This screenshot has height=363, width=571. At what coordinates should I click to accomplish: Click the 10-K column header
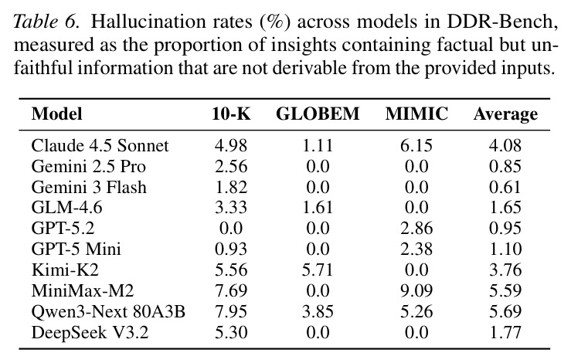(231, 114)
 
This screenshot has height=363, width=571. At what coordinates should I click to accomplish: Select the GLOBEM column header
(318, 114)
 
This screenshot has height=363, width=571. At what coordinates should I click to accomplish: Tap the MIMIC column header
(416, 114)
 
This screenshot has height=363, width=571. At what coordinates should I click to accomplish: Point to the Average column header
(505, 114)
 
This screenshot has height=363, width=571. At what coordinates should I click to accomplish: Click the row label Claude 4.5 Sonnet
(100, 146)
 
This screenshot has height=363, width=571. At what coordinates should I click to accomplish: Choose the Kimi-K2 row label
(65, 270)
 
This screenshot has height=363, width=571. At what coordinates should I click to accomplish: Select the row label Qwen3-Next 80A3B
(108, 312)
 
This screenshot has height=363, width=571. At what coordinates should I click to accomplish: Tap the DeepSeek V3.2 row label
(90, 333)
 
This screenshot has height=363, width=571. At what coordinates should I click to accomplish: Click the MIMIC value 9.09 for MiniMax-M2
(416, 291)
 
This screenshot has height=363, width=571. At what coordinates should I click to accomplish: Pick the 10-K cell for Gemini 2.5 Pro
(231, 167)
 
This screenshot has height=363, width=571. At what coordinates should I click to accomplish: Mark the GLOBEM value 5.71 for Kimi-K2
(318, 270)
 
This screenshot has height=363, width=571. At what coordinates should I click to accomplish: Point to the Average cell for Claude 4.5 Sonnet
(505, 146)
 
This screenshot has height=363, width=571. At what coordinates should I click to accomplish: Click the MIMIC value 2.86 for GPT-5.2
(416, 229)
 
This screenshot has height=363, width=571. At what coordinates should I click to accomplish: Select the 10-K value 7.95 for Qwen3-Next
(231, 312)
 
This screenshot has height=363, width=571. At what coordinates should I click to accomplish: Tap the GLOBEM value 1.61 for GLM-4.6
(318, 208)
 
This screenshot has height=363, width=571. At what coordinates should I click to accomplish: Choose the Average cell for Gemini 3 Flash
(505, 188)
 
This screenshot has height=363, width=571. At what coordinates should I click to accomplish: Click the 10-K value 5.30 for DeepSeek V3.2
(231, 332)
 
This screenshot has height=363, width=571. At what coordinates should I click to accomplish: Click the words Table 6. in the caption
(46, 22)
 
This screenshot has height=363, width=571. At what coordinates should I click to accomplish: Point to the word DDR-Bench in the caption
(502, 22)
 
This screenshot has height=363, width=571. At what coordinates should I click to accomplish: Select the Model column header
(57, 114)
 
